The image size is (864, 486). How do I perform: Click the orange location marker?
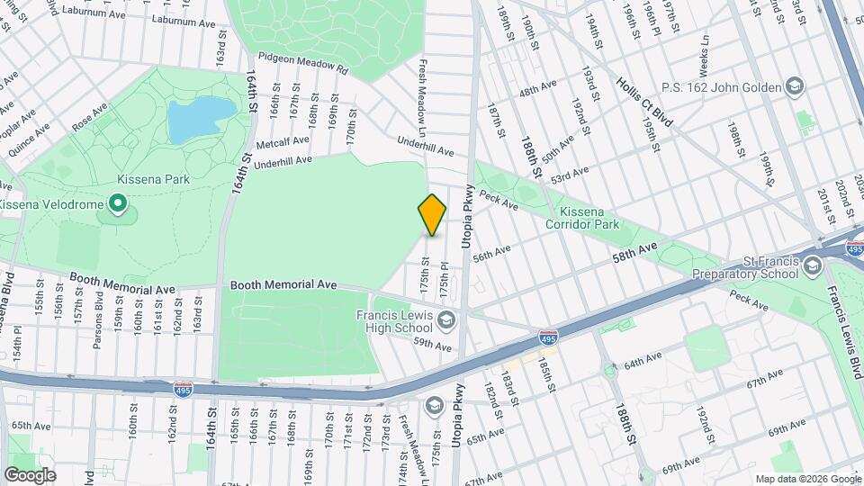[x=432, y=214]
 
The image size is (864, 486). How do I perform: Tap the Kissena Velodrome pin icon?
[x=117, y=205]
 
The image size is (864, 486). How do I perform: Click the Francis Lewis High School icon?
[x=445, y=320]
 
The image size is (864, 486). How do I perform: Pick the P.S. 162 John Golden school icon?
[x=795, y=87]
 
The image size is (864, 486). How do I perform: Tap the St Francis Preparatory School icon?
[x=813, y=265]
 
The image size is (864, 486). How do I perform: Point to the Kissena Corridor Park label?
[x=583, y=217]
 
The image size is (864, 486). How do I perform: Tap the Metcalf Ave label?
[x=283, y=142]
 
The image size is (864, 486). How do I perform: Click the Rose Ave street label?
[x=89, y=119]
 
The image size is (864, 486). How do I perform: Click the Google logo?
[x=29, y=474]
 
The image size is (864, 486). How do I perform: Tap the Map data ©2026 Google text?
[x=807, y=479]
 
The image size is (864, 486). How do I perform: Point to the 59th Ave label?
[x=432, y=344]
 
